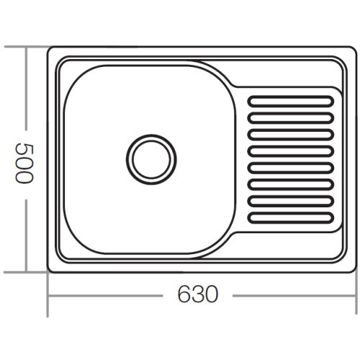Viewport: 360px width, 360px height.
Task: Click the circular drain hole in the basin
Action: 151,158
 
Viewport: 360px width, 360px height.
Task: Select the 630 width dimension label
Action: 197,295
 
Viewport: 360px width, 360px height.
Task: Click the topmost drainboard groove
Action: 292,102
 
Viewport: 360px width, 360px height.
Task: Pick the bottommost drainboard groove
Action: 292,217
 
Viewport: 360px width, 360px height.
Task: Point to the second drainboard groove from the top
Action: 292,118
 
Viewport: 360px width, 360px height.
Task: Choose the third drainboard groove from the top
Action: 292,135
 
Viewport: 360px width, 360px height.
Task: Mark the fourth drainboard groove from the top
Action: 292,151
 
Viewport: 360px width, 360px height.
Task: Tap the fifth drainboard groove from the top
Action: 292,168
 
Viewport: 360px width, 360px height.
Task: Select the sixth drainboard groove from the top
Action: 292,184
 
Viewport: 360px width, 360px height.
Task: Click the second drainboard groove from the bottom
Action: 292,201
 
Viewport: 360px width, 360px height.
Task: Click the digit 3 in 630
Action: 197,295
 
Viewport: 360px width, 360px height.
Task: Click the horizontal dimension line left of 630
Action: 108,295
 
